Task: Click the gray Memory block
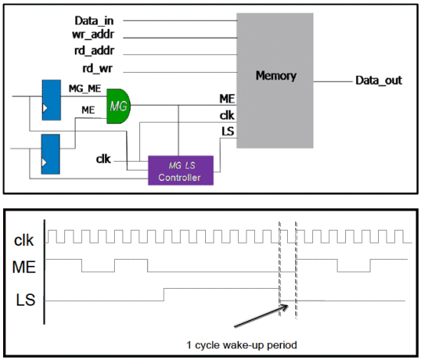pyautogui.click(x=275, y=80)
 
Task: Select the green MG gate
pyautogui.click(x=119, y=106)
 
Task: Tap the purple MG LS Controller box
pyautogui.click(x=181, y=170)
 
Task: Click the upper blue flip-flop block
pyautogui.click(x=51, y=100)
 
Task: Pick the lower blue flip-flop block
pyautogui.click(x=51, y=154)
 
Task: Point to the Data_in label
pyautogui.click(x=94, y=21)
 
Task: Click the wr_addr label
pyautogui.click(x=93, y=34)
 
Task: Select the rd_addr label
pyautogui.click(x=94, y=51)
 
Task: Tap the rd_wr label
pyautogui.click(x=97, y=68)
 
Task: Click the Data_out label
pyautogui.click(x=379, y=80)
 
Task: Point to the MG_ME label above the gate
pyautogui.click(x=85, y=88)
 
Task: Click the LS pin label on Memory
pyautogui.click(x=227, y=132)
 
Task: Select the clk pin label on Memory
pyautogui.click(x=227, y=116)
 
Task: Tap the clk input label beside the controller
pyautogui.click(x=103, y=159)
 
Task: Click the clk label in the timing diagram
pyautogui.click(x=24, y=240)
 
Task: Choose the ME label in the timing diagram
pyautogui.click(x=24, y=267)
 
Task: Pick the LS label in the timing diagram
pyautogui.click(x=25, y=299)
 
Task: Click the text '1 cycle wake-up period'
pyautogui.click(x=242, y=345)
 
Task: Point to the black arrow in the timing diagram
pyautogui.click(x=261, y=316)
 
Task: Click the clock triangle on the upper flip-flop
pyautogui.click(x=45, y=108)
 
